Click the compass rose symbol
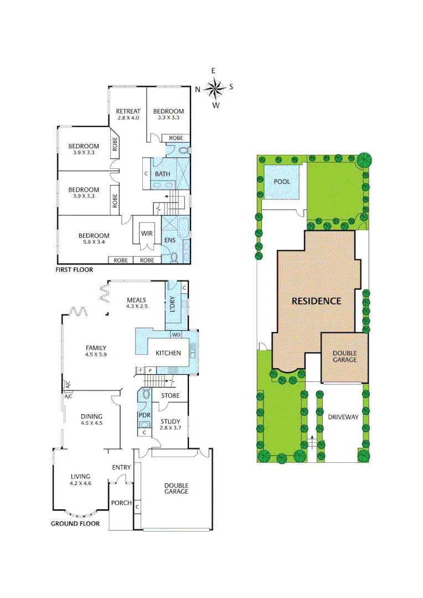pyautogui.click(x=214, y=87)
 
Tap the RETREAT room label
pyautogui.click(x=128, y=111)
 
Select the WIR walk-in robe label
pyautogui.click(x=147, y=234)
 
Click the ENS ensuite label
pyautogui.click(x=169, y=240)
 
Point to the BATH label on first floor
pyautogui.click(x=162, y=174)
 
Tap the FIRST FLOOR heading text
pyautogui.click(x=74, y=270)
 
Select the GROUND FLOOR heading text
pyautogui.click(x=75, y=523)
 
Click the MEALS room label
pyautogui.click(x=136, y=300)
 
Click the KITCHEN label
pyautogui.click(x=168, y=353)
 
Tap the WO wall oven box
pyautogui.click(x=176, y=335)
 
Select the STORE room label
pyautogui.click(x=171, y=396)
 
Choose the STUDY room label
pyautogui.click(x=171, y=422)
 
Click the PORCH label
pyautogui.click(x=121, y=503)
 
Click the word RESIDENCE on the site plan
pyautogui.click(x=316, y=301)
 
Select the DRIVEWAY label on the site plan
pyautogui.click(x=343, y=417)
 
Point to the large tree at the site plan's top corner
pyautogui.click(x=364, y=159)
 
